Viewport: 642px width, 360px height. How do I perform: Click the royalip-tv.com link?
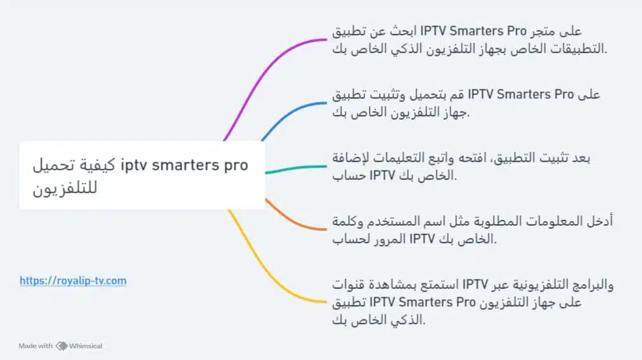(73, 280)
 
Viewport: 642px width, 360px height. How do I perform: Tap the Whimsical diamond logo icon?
(61, 346)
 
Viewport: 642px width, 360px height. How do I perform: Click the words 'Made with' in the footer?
(35, 346)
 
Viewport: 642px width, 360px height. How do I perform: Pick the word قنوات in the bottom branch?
(352, 285)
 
